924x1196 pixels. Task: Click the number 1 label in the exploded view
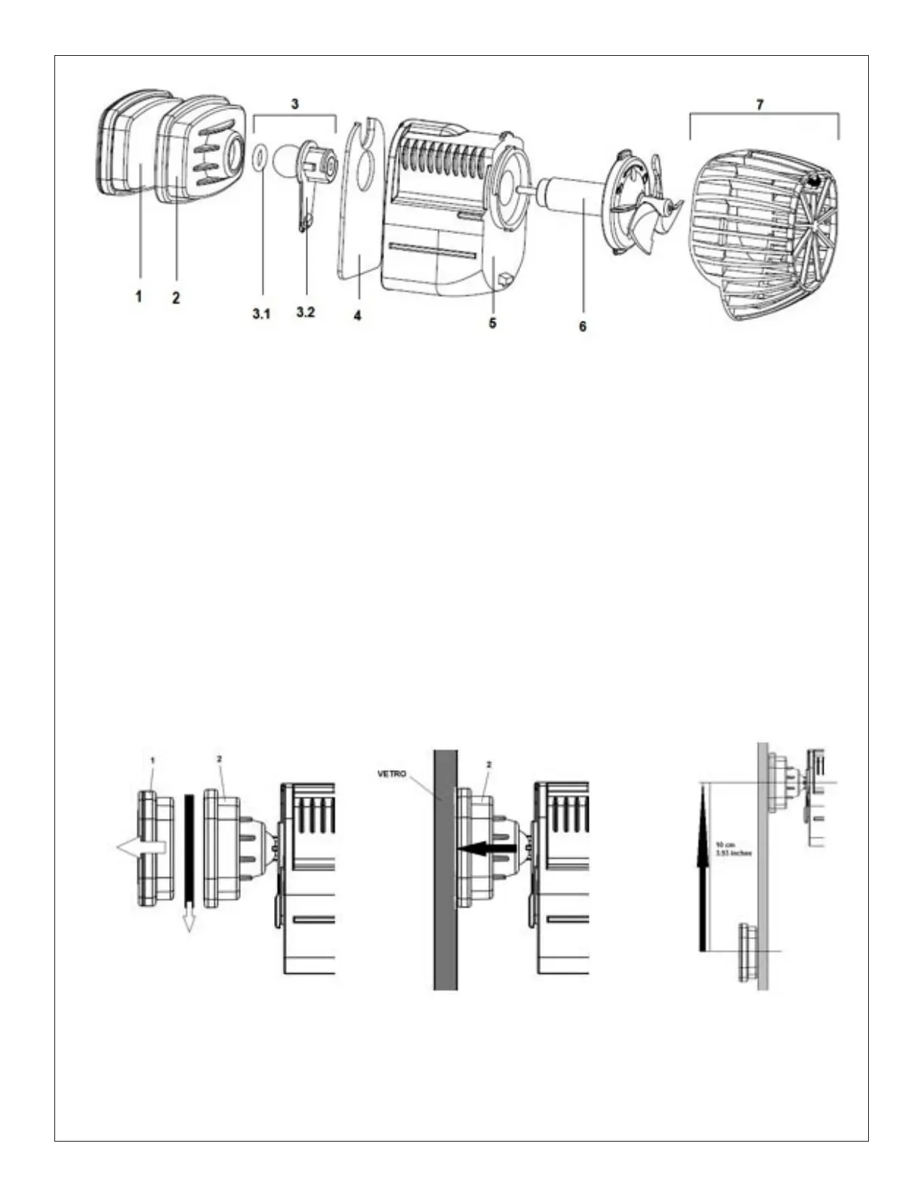tap(139, 297)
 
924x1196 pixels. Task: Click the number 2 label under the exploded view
tap(176, 297)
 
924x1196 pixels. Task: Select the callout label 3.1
tap(261, 313)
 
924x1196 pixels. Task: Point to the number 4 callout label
tap(357, 315)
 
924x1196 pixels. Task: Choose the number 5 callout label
tap(492, 322)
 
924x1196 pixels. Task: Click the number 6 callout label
tap(582, 326)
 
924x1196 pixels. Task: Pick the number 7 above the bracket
tap(760, 105)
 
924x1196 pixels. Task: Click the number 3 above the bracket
tap(295, 103)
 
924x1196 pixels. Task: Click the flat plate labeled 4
tap(360, 204)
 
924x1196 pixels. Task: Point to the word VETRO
tap(393, 774)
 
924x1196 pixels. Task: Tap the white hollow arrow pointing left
tap(140, 848)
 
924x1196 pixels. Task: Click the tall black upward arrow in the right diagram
tap(704, 868)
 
